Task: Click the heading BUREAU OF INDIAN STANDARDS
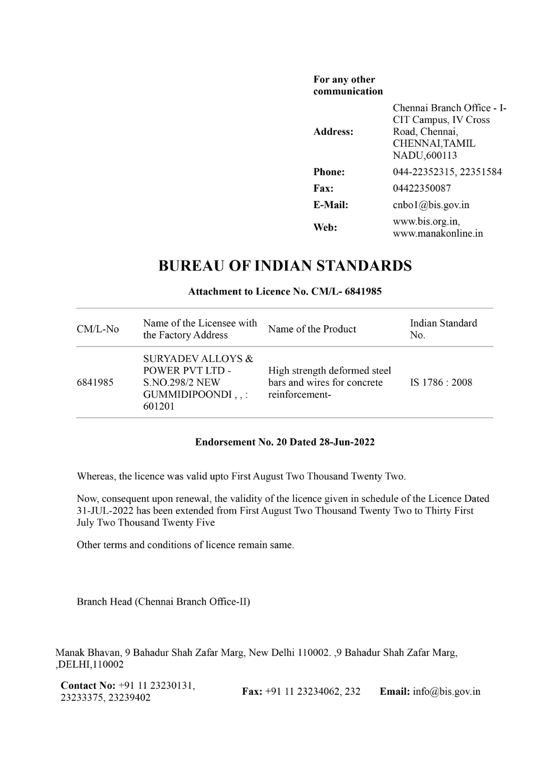pos(285,266)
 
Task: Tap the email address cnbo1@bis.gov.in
pos(431,205)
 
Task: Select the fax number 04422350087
pos(422,188)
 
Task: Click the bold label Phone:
pos(329,172)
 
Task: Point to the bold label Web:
pos(325,227)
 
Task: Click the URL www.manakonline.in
pos(437,233)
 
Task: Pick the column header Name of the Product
pos(312,329)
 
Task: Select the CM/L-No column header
pos(98,329)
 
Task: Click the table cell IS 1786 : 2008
pos(441,382)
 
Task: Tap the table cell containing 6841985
pos(95,382)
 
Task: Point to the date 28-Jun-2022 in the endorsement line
pos(346,442)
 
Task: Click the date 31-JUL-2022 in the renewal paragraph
pos(105,511)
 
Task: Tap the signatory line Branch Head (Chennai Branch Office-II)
pos(163,602)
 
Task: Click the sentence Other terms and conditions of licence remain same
pos(185,545)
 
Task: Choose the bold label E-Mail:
pos(330,205)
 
